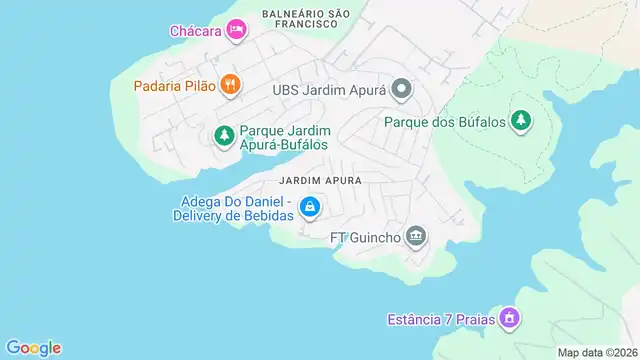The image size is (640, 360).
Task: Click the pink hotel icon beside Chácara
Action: pos(236,30)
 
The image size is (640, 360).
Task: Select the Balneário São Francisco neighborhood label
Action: pos(306,18)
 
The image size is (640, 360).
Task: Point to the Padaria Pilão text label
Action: pos(174,86)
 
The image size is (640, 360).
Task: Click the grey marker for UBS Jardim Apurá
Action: pos(401,90)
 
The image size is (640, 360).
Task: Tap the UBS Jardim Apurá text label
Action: pos(329,90)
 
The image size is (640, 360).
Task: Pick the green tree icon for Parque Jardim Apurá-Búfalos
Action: pos(225,134)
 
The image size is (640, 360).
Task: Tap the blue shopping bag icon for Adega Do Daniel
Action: pos(311,207)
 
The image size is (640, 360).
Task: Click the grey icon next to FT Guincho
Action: pos(417,237)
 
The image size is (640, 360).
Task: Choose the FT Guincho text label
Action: pos(365,238)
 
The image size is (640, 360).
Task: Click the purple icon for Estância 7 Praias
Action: pos(510,319)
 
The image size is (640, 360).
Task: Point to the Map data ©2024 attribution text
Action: pos(597,352)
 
